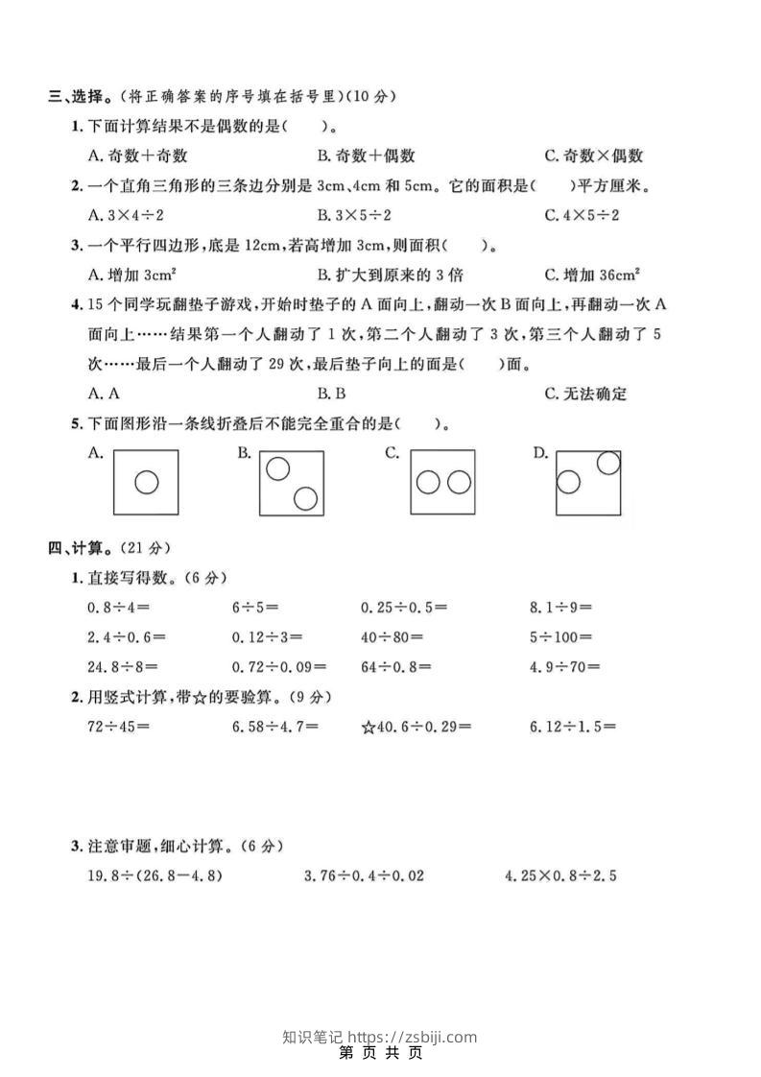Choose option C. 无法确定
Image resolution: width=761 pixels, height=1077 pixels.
[585, 393]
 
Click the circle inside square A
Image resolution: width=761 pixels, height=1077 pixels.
[146, 482]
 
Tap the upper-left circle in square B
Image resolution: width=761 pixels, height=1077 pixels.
[278, 468]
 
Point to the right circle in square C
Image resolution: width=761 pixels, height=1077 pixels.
[459, 482]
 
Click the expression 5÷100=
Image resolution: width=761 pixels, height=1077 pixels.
[560, 636]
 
